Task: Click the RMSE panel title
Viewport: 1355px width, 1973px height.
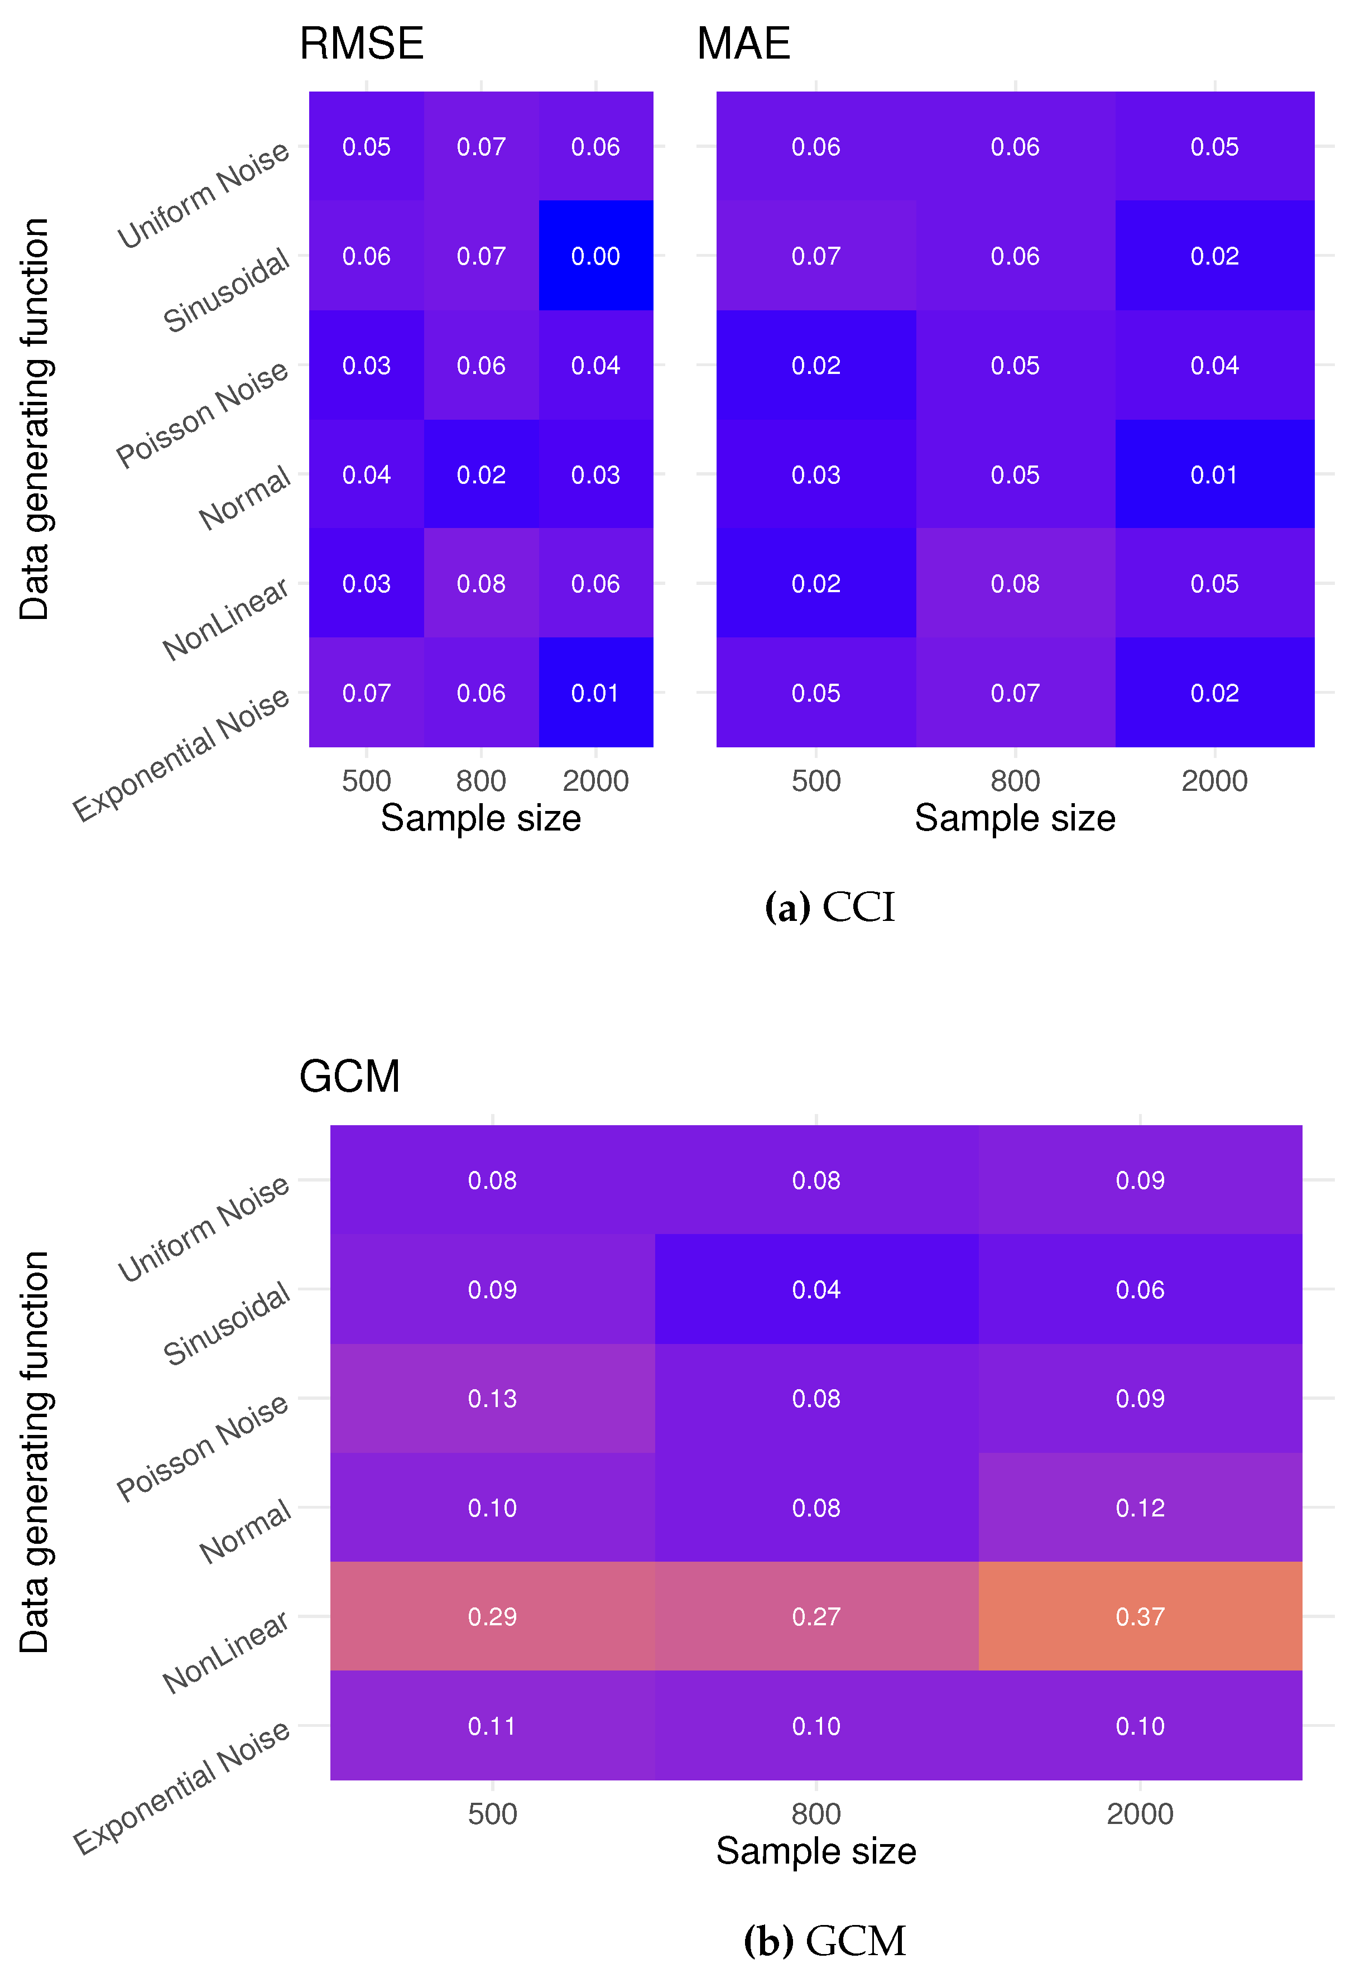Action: coord(361,44)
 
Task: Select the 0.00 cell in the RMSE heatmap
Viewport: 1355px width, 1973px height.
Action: coord(595,256)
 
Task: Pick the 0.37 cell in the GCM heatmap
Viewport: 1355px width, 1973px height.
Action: coord(1140,1616)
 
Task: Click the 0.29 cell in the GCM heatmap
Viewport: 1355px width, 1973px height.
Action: coord(492,1616)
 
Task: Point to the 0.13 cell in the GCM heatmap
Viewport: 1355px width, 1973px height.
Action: coord(492,1398)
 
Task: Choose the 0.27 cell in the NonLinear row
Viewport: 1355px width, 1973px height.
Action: coord(816,1616)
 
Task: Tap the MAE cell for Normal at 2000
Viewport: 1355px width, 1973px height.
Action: coord(1214,474)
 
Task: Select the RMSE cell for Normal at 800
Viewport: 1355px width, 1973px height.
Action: coord(481,474)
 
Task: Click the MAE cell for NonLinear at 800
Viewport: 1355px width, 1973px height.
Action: coord(1015,584)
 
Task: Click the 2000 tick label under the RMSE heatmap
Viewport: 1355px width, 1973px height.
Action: coord(595,781)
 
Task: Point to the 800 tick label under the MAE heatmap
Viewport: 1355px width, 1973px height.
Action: coord(1015,781)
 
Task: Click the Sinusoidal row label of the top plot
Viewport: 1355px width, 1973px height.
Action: coord(227,292)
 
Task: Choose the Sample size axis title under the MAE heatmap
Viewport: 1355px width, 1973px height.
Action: coord(1015,818)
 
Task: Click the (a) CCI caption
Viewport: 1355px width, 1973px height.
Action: coord(829,908)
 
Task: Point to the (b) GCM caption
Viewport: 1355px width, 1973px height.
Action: coord(824,1941)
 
